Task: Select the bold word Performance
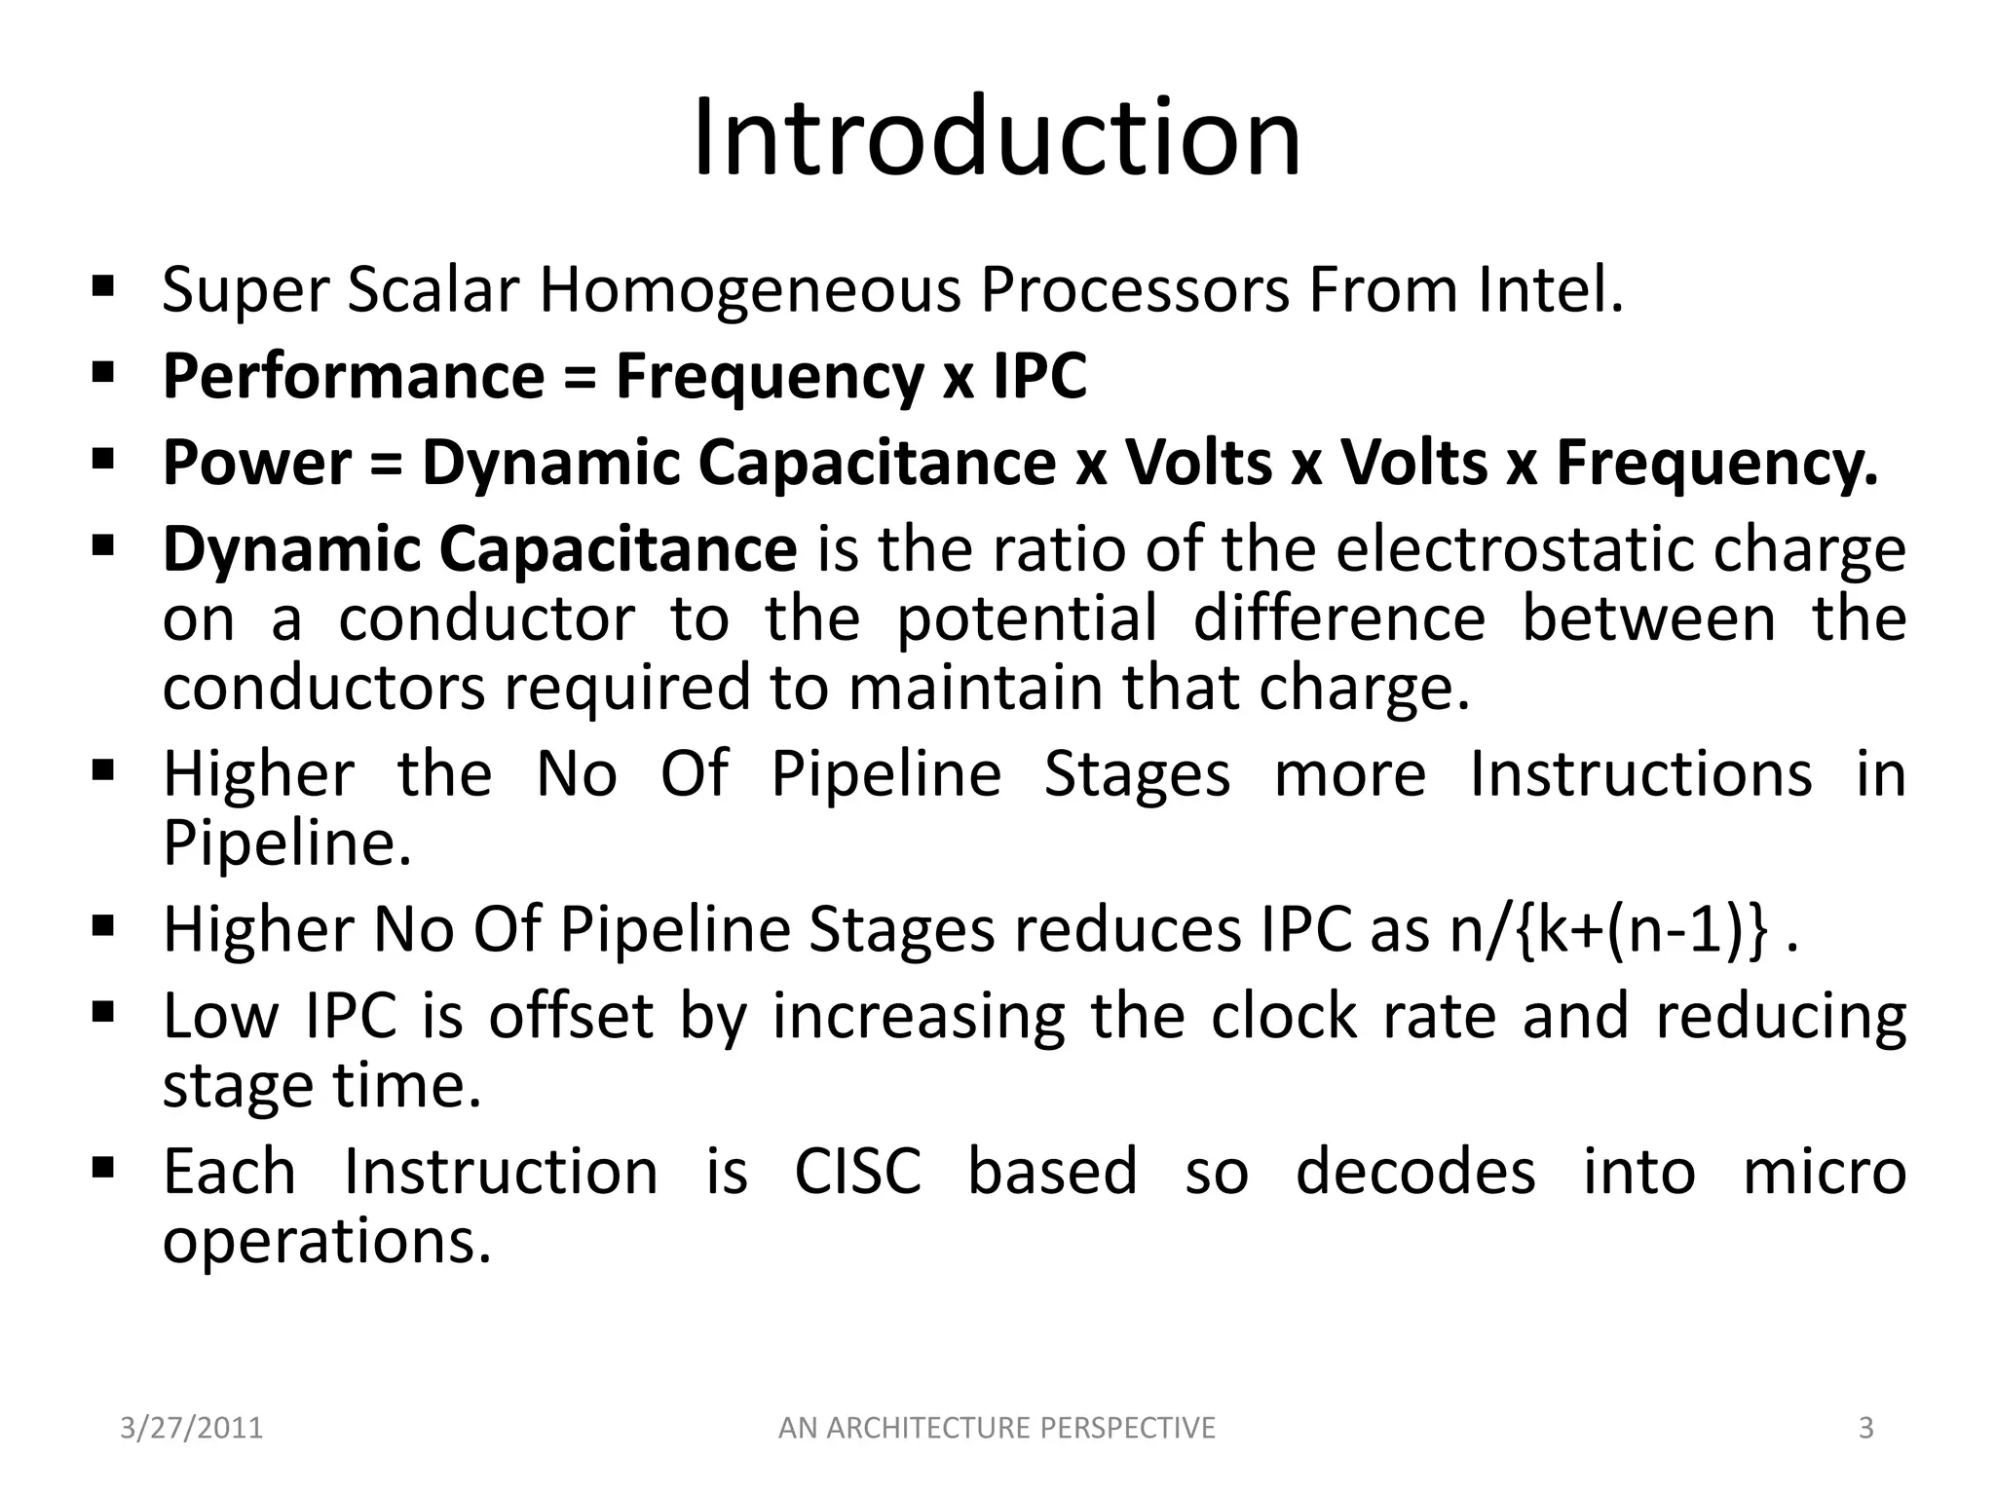tap(353, 377)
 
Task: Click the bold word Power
tap(256, 463)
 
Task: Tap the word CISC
tap(857, 1171)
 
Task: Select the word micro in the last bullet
tap(1824, 1171)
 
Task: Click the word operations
tap(326, 1243)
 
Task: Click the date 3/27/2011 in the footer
tap(192, 1428)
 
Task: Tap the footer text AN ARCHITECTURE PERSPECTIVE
tap(997, 1428)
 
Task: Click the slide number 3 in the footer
tap(1865, 1428)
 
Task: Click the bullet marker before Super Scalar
tap(103, 287)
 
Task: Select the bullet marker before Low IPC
tap(103, 1012)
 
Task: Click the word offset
tap(570, 1016)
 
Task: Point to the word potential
tap(1027, 619)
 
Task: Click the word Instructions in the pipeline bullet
tap(1640, 774)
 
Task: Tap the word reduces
tap(1127, 929)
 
